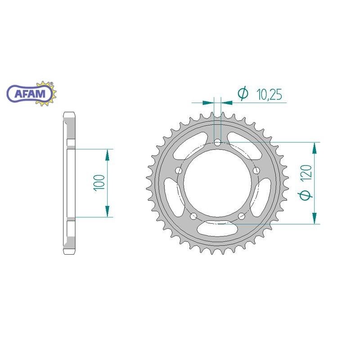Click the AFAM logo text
(x=30, y=94)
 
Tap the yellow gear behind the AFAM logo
(x=49, y=93)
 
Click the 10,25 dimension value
(x=269, y=94)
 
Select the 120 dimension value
(x=308, y=172)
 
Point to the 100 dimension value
(x=99, y=183)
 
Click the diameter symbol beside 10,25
(x=243, y=93)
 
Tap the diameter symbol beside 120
(x=305, y=195)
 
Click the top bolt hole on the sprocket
(x=217, y=143)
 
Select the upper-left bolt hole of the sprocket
(x=178, y=171)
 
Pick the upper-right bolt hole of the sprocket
(x=256, y=171)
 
